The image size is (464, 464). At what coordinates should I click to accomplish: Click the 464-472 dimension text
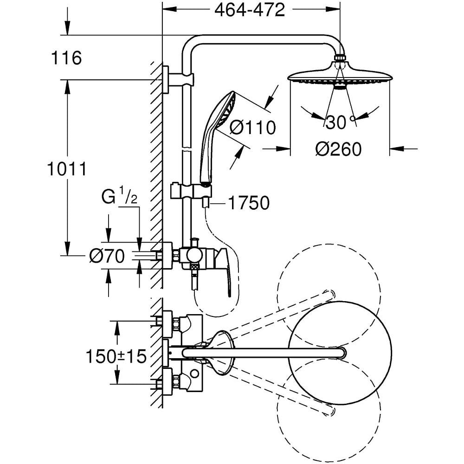coord(250,10)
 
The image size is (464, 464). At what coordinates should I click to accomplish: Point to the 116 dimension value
coord(67,58)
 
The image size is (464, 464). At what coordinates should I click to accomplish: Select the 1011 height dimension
coord(67,169)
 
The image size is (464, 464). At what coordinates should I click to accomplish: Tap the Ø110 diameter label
coord(252,127)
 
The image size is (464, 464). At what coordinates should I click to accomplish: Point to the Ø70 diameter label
coord(107,256)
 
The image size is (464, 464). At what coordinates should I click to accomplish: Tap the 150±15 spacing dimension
coord(116,356)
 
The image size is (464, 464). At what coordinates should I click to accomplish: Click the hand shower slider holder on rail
coord(191,191)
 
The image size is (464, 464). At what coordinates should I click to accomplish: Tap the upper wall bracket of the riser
coord(178,79)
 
